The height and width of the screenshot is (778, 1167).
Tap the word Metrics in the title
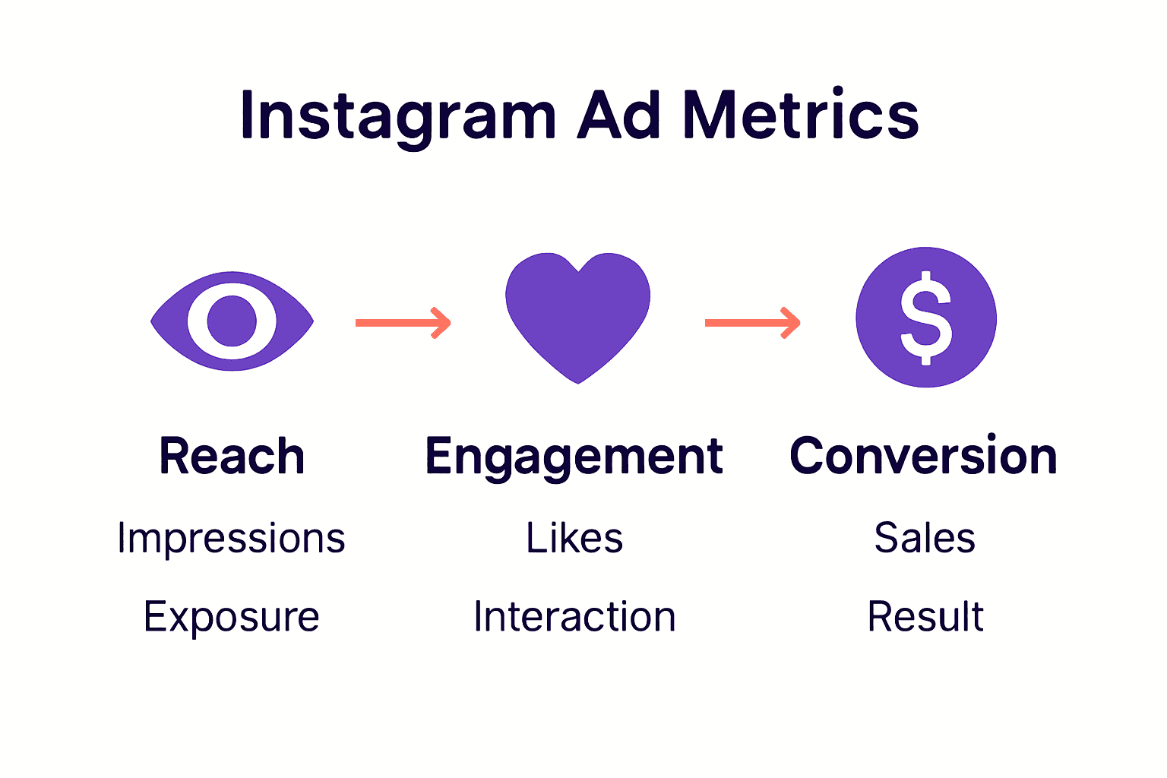[x=801, y=115]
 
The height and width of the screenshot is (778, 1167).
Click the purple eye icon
[x=232, y=321]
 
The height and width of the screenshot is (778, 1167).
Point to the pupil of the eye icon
[x=232, y=321]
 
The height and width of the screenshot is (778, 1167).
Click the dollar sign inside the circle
[x=925, y=318]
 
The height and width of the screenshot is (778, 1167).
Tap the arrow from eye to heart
[x=403, y=323]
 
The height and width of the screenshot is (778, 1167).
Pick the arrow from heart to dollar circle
[x=752, y=323]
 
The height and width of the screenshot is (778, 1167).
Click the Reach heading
[x=232, y=456]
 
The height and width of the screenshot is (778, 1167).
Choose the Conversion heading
[x=923, y=456]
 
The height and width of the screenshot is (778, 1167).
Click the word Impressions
[x=232, y=539]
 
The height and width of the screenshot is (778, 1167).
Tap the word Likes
[x=574, y=538]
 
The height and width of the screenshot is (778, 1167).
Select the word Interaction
[x=574, y=616]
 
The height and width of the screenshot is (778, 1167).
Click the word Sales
[x=925, y=538]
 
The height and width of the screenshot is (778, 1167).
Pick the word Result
[x=925, y=616]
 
